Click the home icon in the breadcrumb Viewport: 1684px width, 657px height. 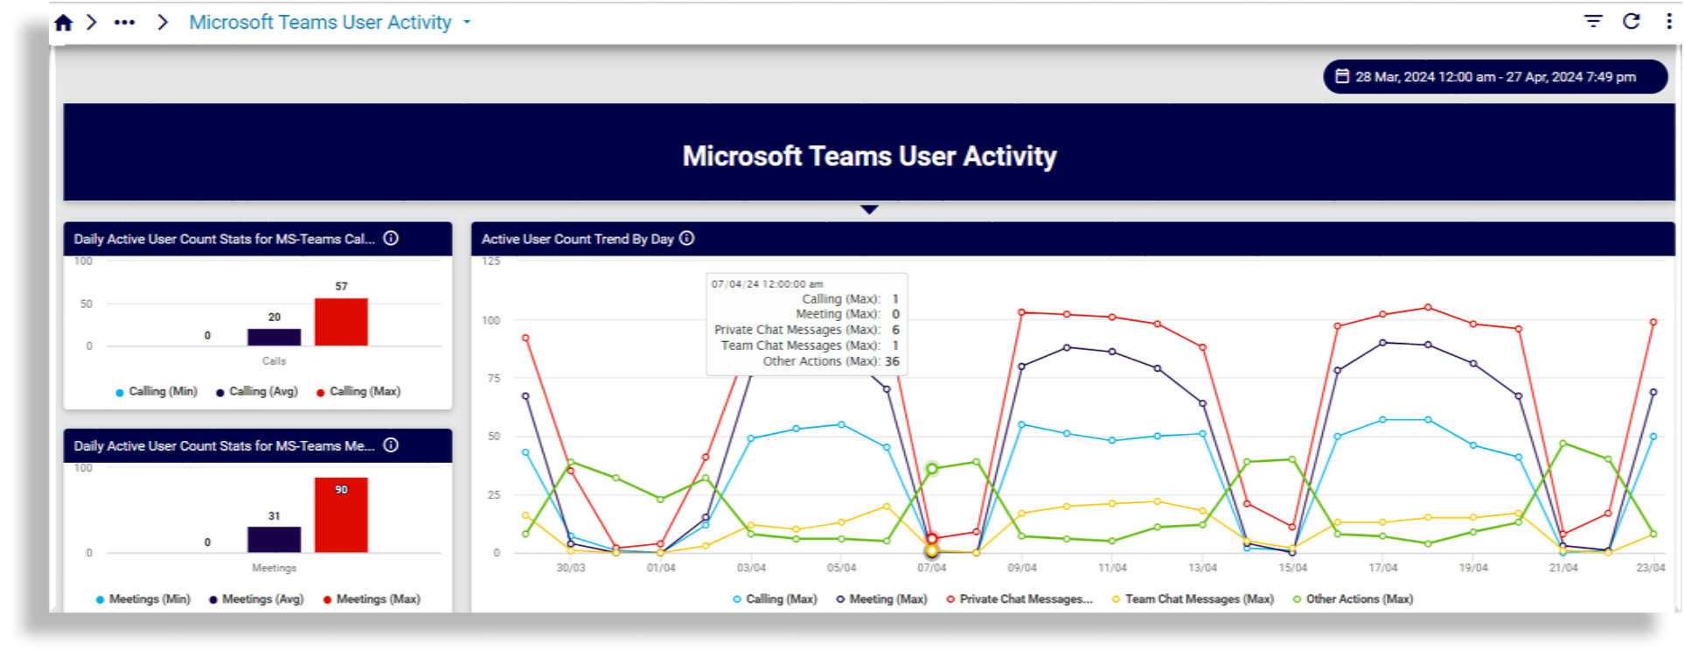[63, 23]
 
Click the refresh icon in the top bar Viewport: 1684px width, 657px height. [1632, 21]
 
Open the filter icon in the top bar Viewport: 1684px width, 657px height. [1593, 21]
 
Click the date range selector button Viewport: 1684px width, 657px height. [1494, 77]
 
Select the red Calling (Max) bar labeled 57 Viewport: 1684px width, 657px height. [341, 322]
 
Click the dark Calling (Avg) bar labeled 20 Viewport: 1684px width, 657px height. [274, 337]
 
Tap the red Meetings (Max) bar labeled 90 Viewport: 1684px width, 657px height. [341, 515]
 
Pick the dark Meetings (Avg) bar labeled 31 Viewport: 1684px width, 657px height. [274, 539]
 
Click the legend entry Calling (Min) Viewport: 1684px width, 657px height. [157, 392]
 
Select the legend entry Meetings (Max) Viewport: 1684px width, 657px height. [372, 599]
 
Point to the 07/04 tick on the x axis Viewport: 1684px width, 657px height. [931, 568]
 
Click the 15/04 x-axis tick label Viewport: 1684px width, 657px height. [1292, 568]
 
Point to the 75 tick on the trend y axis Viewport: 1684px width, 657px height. [494, 378]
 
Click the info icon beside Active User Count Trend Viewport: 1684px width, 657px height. [687, 238]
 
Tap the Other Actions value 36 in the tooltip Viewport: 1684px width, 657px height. [892, 361]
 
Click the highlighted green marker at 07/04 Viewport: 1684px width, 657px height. [932, 469]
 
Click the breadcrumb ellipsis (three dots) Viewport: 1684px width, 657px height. [124, 23]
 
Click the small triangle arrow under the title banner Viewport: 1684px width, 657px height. [869, 210]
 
